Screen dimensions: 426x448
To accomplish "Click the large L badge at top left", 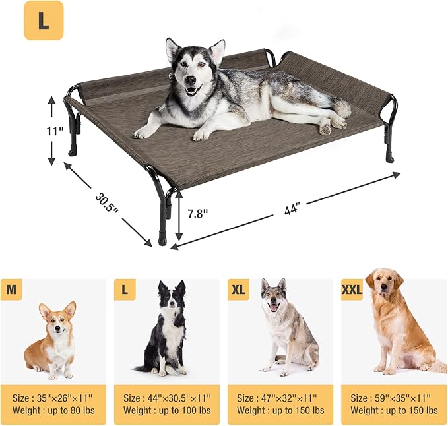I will tap(44, 20).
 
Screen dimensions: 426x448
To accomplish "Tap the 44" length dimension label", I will tap(292, 209).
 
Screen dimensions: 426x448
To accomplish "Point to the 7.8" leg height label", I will tap(197, 214).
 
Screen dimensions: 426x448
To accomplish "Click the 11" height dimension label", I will tap(54, 131).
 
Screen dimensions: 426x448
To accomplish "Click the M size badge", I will tap(11, 289).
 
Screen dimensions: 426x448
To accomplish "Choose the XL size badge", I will tap(238, 289).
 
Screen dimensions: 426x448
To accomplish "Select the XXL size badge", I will tap(352, 289).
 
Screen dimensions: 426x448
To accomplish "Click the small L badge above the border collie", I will tap(124, 289).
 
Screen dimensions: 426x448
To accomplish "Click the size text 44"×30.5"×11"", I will tap(168, 398).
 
